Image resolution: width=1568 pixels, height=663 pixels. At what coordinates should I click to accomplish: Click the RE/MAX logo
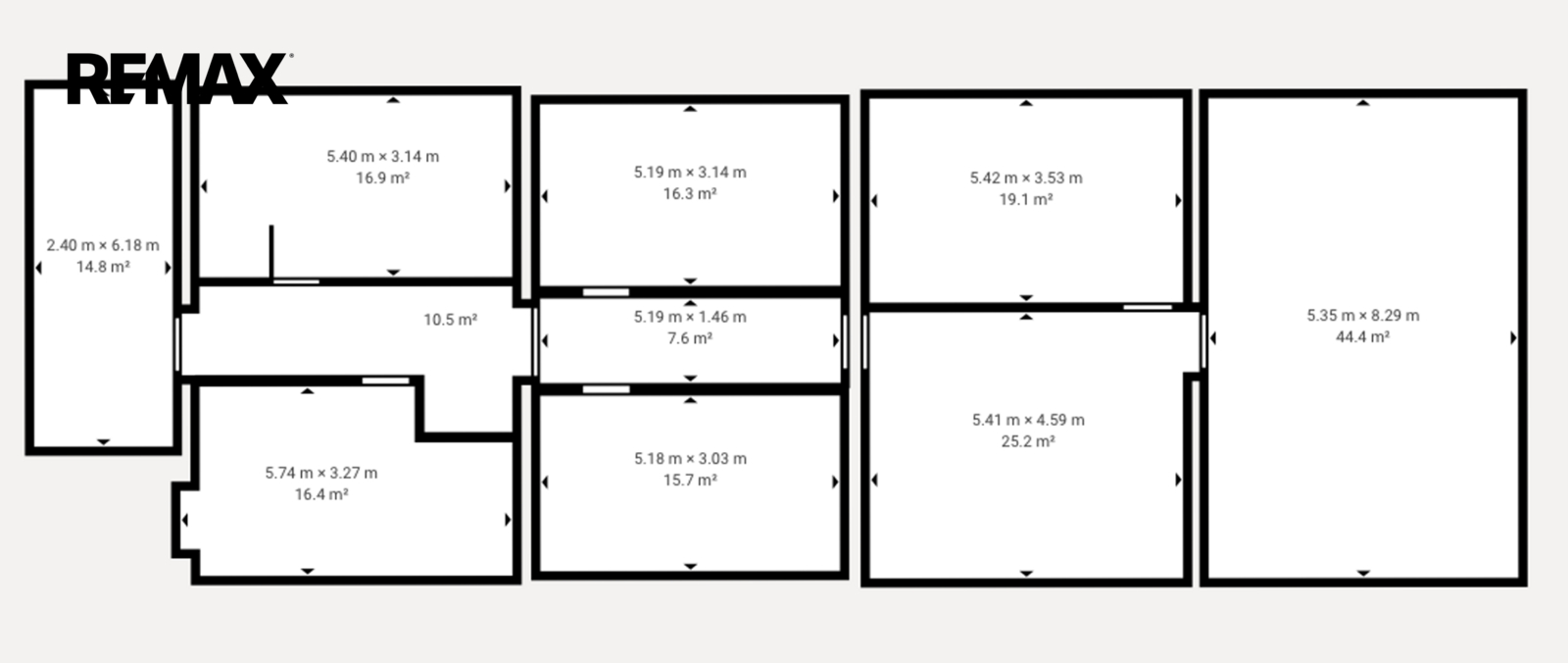177,78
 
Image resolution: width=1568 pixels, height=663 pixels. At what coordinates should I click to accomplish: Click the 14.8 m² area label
103,267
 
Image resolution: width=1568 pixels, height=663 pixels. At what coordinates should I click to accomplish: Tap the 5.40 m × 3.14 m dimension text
383,156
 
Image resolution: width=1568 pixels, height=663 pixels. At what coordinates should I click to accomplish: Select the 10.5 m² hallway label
450,320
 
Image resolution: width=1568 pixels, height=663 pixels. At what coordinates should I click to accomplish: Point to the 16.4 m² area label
321,494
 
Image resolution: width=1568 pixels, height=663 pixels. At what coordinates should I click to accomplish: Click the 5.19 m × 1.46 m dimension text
690,317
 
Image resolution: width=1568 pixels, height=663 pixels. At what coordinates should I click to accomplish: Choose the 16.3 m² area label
690,193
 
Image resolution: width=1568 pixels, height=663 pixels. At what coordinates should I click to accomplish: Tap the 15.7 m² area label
690,480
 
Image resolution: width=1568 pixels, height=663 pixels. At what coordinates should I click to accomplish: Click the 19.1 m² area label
1026,199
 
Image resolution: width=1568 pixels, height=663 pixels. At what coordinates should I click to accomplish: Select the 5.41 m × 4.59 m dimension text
1028,420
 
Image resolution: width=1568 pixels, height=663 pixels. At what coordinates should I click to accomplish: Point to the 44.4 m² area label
1363,337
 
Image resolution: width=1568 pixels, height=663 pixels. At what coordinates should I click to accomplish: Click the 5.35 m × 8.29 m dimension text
1363,316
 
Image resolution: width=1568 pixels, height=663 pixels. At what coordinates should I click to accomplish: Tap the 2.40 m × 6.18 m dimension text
103,245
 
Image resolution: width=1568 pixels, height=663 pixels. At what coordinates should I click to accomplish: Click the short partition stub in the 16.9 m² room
271,252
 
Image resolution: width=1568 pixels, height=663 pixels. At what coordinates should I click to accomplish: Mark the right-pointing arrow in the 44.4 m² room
1513,337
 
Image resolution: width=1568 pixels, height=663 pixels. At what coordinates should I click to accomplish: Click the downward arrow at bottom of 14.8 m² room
104,442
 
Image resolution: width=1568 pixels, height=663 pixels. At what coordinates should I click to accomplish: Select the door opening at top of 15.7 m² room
607,389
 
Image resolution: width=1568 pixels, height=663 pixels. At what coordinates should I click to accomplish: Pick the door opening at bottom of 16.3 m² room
607,292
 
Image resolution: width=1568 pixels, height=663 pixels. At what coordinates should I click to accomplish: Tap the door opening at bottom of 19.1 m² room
1148,307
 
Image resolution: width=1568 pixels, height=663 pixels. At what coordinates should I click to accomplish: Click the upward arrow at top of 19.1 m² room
1026,103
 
